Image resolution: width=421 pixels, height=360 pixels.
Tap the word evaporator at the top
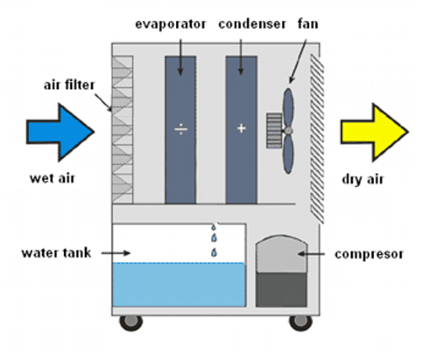point(171,24)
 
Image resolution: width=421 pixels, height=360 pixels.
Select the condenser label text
point(252,24)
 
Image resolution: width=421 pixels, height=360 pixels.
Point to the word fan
point(308,24)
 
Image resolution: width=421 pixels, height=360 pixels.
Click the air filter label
point(69,85)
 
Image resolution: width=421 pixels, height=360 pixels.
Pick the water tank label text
point(56,253)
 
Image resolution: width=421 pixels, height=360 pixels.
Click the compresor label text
point(369,255)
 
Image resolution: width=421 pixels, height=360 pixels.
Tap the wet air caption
point(52,178)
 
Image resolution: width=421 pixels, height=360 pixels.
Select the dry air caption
point(363,179)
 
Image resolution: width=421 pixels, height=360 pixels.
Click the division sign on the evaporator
point(181,129)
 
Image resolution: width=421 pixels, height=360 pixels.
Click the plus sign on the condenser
point(242,129)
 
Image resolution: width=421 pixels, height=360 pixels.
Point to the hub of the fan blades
point(288,131)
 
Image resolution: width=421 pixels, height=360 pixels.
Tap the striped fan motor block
point(274,130)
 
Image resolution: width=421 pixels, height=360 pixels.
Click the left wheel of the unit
point(131,322)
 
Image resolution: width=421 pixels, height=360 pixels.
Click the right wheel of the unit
point(301,322)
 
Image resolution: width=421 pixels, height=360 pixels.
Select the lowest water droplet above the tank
point(214,252)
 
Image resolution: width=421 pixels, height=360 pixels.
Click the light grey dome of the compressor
point(281,254)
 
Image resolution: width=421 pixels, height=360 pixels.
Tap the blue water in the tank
point(179,284)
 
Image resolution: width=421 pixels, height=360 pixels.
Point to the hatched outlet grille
point(317,139)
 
